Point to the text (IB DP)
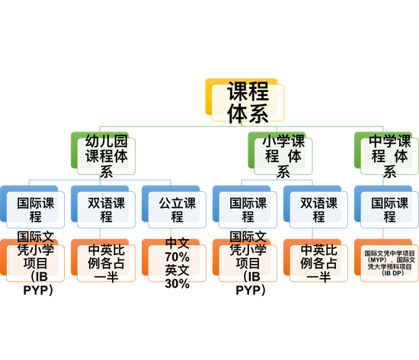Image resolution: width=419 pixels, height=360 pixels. click(x=393, y=273)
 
